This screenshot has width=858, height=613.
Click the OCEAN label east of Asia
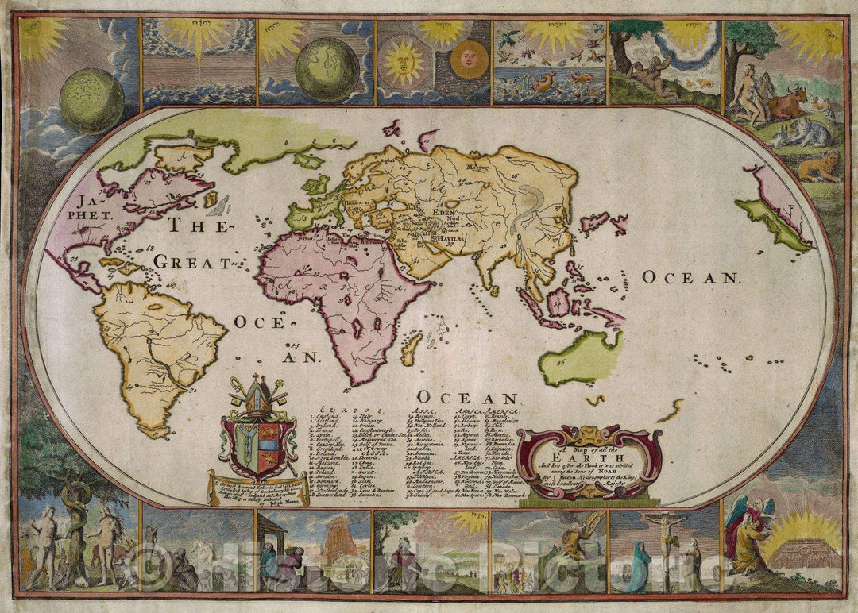[691, 277]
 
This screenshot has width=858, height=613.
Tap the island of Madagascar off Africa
[411, 349]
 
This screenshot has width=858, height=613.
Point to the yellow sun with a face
[404, 62]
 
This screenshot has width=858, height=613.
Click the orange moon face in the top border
[469, 60]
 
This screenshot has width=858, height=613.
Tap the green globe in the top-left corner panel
[91, 100]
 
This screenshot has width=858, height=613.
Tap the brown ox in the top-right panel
[786, 103]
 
